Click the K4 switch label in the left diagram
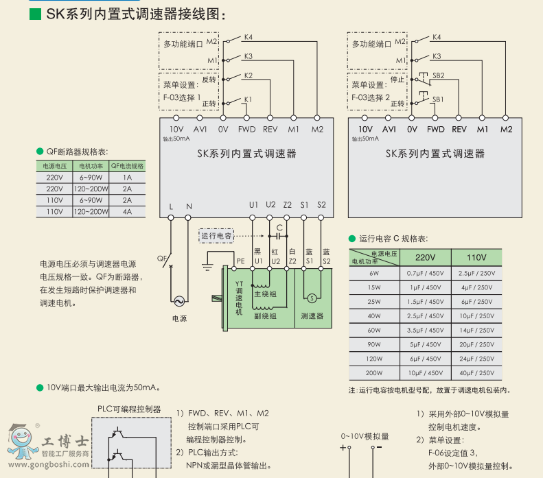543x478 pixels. point(249,37)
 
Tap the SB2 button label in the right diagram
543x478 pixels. point(438,75)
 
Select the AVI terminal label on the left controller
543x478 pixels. point(200,129)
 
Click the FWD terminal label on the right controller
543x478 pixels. point(435,129)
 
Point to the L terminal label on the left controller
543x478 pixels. point(171,205)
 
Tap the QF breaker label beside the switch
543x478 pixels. point(162,259)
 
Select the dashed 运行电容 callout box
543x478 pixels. point(217,236)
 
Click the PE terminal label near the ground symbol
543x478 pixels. point(240,261)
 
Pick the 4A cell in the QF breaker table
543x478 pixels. point(127,212)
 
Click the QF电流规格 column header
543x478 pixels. point(127,166)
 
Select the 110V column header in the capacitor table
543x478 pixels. point(476,257)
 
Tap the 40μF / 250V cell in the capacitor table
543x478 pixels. point(476,373)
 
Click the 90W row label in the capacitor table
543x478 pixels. point(373,344)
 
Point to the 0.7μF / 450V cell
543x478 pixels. point(426,272)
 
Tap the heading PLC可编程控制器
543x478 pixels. point(129,409)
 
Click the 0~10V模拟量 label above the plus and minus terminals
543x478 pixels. point(365,435)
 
